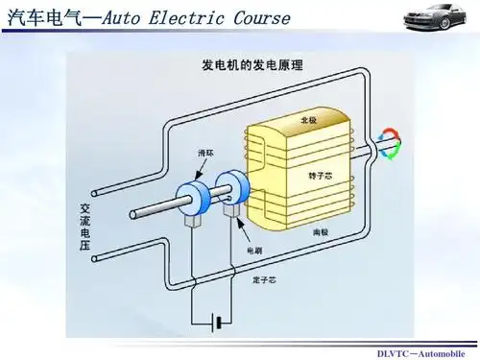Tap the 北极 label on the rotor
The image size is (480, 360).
pyautogui.click(x=308, y=121)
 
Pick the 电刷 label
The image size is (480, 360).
pyautogui.click(x=253, y=251)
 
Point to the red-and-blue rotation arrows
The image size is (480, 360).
pyautogui.click(x=389, y=144)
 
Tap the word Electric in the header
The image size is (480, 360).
pyautogui.click(x=186, y=16)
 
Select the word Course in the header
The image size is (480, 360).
pyautogui.click(x=262, y=16)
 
